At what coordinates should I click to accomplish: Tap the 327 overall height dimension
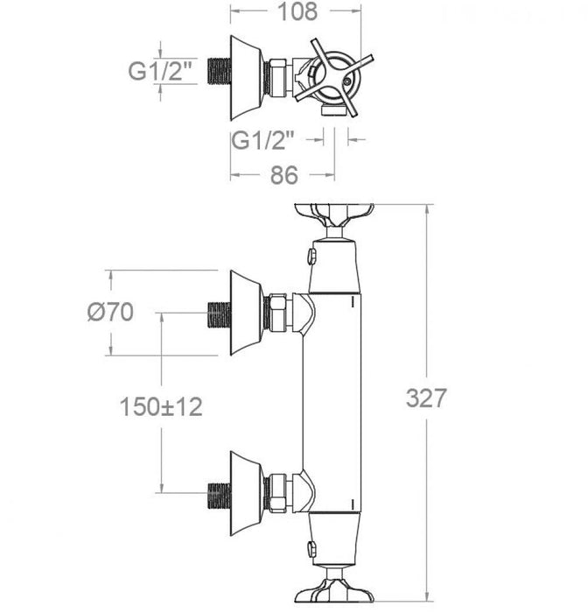tap(426, 398)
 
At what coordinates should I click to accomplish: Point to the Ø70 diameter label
tap(111, 313)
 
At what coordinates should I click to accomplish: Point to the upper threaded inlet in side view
tap(216, 313)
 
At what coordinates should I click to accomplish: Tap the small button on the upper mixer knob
tap(311, 256)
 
